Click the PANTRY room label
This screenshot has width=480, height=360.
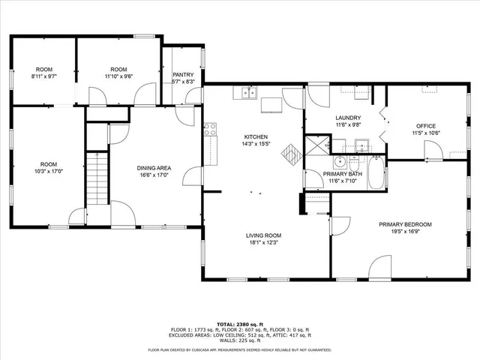(183, 75)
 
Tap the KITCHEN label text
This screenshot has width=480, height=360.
(255, 136)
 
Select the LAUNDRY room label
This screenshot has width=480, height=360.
(348, 118)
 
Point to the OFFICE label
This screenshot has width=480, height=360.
(426, 125)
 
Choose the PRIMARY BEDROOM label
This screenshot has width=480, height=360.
(405, 223)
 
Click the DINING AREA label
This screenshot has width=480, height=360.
(152, 168)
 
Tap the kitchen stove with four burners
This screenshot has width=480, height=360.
(210, 129)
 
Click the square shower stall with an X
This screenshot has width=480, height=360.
(315, 144)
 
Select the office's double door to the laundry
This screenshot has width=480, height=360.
(382, 125)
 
